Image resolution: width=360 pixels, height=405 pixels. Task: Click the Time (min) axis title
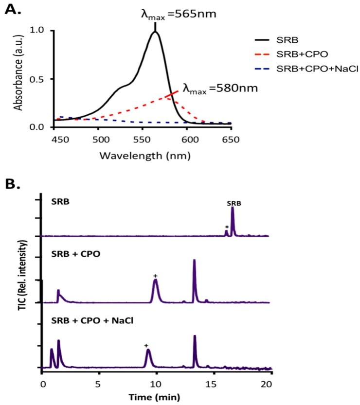(155, 397)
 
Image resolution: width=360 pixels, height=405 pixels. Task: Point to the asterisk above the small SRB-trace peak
(226, 227)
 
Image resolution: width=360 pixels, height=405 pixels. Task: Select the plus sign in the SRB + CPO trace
(155, 276)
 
